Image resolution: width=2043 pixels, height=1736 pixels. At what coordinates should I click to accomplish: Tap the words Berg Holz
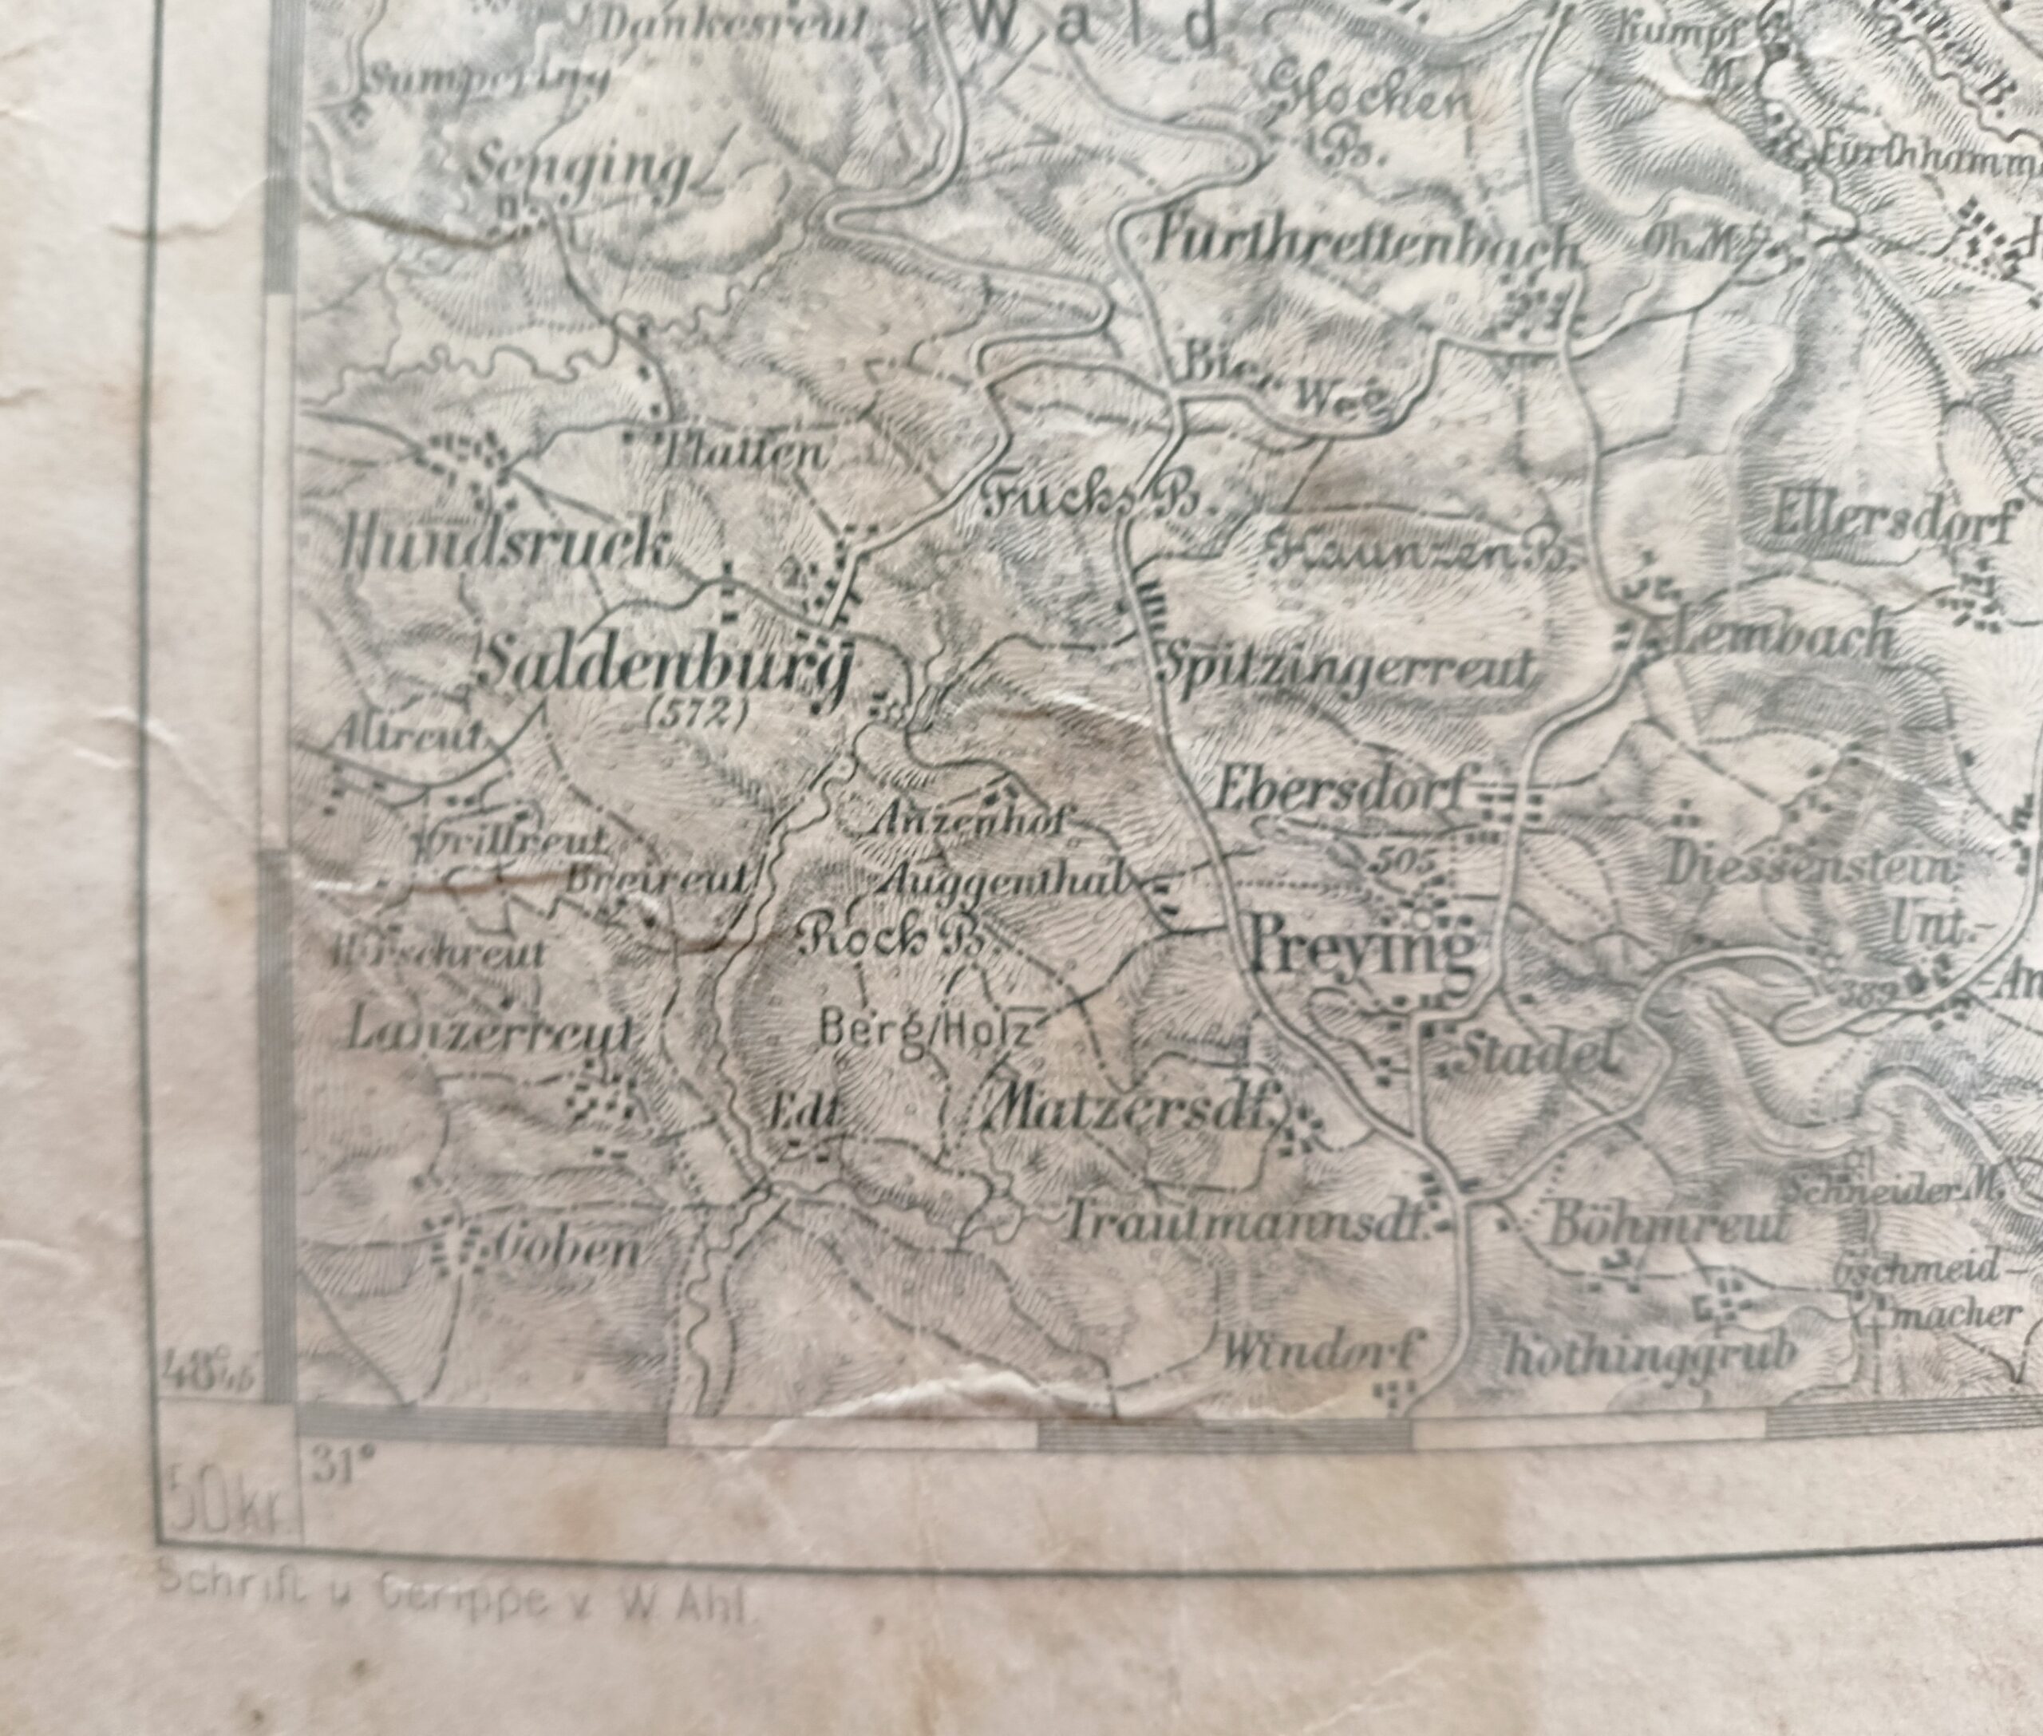(925, 1031)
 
